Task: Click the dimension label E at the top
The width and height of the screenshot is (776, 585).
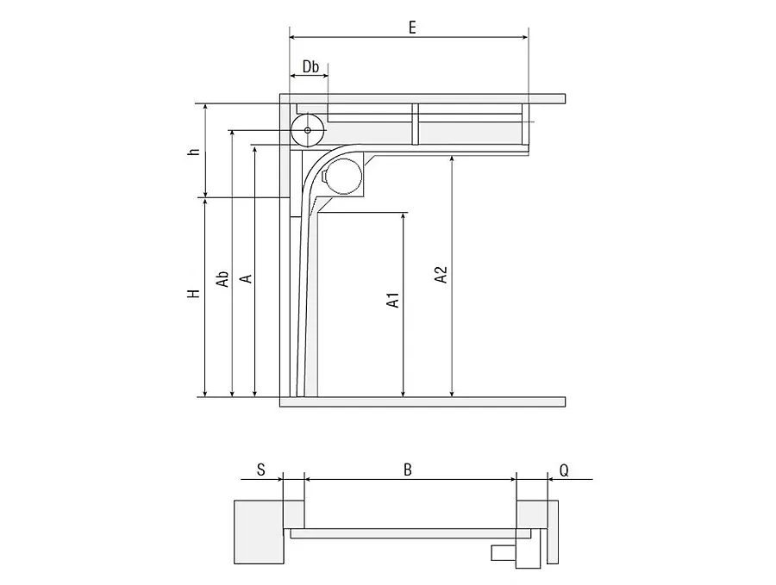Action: [x=412, y=28]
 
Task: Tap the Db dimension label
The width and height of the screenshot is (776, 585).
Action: [x=310, y=66]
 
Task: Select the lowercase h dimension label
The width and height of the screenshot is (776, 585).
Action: [x=195, y=151]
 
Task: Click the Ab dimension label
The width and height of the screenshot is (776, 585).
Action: [x=222, y=278]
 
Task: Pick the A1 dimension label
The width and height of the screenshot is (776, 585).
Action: [x=393, y=300]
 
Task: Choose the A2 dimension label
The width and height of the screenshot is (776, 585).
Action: [x=441, y=275]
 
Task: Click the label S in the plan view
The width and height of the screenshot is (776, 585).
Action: [x=261, y=470]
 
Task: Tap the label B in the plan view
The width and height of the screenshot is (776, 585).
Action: [x=407, y=470]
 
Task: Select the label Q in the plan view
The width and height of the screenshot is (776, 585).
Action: [x=564, y=470]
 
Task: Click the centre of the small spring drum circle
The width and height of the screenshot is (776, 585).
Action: [x=307, y=130]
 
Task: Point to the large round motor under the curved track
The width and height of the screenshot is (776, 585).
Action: [x=344, y=177]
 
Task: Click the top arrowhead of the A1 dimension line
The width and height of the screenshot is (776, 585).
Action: [x=404, y=216]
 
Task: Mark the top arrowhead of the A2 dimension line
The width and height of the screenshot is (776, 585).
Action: [x=451, y=159]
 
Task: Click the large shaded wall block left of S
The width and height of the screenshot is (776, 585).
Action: [x=259, y=532]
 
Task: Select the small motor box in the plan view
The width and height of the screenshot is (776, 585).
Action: [x=504, y=553]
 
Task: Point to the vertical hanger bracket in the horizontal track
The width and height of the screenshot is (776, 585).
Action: [x=416, y=124]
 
